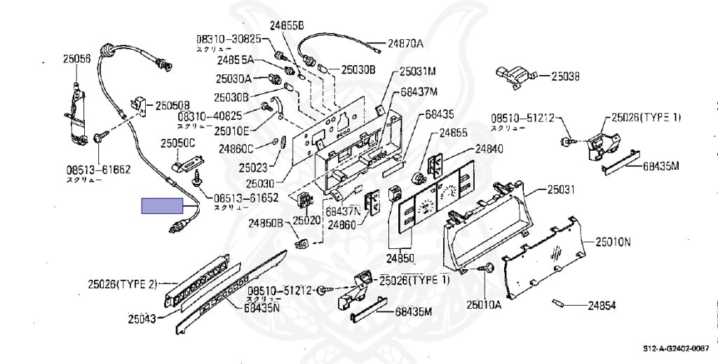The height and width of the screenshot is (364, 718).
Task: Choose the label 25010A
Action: click(485, 304)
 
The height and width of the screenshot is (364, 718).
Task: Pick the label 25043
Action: click(142, 319)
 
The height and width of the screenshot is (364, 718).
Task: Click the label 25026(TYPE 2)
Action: click(122, 283)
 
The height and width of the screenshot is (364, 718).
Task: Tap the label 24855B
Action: click(287, 25)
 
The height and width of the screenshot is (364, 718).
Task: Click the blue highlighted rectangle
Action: click(162, 205)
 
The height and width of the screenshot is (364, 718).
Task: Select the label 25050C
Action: click(177, 143)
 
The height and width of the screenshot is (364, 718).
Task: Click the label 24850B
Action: click(264, 223)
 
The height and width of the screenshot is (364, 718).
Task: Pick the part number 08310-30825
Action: click(229, 39)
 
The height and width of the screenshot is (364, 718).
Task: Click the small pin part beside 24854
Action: click(558, 303)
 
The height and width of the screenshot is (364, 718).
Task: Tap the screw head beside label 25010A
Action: click(487, 268)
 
